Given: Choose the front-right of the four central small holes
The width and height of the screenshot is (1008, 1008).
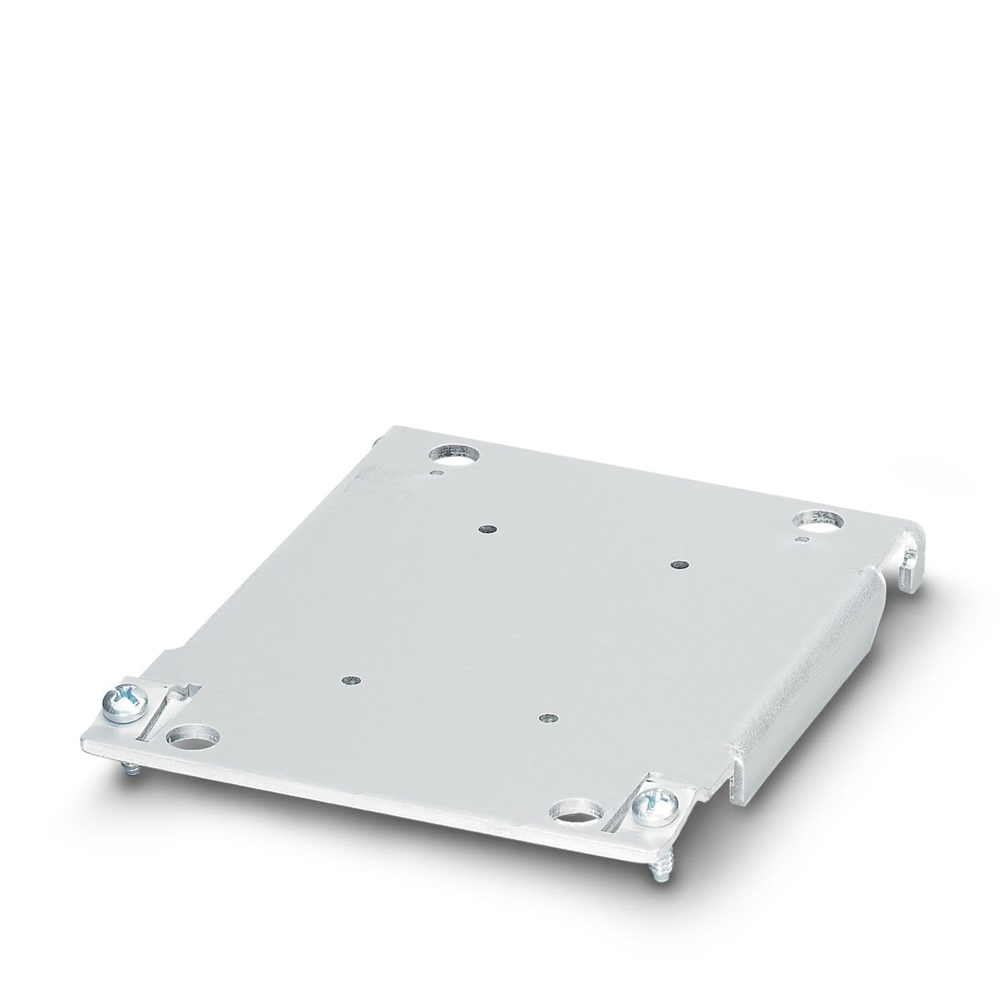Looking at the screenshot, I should click(x=548, y=718).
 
